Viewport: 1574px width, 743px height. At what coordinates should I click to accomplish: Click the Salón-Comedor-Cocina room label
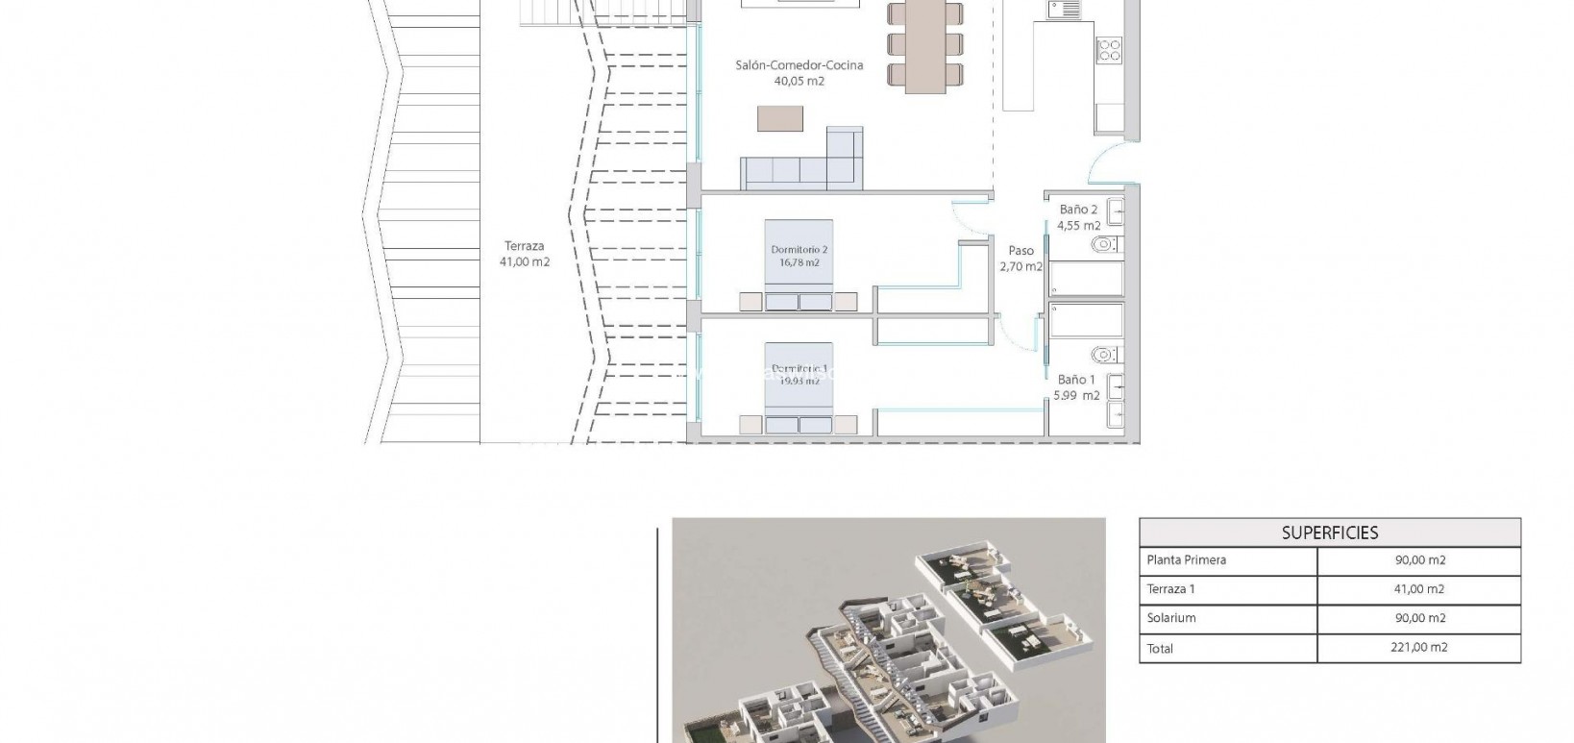click(x=799, y=65)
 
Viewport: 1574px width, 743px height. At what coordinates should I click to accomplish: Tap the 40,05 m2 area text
click(x=799, y=82)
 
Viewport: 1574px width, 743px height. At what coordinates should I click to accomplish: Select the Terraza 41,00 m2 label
click(x=525, y=254)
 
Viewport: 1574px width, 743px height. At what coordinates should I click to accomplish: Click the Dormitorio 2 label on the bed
click(x=799, y=250)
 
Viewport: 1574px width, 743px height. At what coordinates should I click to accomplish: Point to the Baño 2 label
click(x=1078, y=210)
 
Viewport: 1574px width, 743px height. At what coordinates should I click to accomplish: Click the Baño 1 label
click(x=1076, y=380)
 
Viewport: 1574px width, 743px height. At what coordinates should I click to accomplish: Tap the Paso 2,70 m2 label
click(x=1021, y=259)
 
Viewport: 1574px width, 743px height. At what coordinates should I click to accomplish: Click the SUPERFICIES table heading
click(x=1329, y=532)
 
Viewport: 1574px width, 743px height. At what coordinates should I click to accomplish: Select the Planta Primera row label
click(x=1186, y=560)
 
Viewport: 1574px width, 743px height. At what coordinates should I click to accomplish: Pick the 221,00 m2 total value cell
click(x=1418, y=648)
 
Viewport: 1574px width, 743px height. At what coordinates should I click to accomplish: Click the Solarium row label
click(x=1170, y=618)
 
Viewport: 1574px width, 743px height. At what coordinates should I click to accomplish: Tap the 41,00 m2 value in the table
click(x=1418, y=589)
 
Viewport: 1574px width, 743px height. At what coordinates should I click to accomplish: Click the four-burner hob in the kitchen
click(x=1109, y=49)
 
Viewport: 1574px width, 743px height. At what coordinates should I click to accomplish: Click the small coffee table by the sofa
click(x=779, y=118)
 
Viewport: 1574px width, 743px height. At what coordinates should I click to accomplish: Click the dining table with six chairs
click(x=925, y=46)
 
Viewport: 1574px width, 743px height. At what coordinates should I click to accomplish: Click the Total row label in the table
click(x=1160, y=649)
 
